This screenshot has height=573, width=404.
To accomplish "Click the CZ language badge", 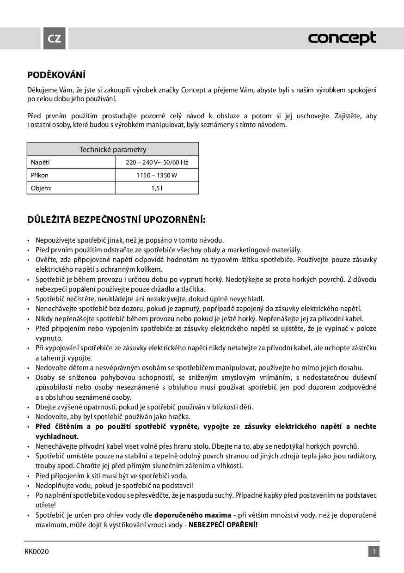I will pos(55,39).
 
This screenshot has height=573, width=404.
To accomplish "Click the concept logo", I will pos(342,39).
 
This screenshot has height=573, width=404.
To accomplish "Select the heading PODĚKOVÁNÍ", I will pos(56,75).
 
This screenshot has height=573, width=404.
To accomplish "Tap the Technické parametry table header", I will pos(113,149).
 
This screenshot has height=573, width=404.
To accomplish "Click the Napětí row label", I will pos(40,162).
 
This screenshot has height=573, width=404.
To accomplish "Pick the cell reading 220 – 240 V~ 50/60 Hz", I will pos(157,162).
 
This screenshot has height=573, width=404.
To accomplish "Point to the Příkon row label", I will pos(40,175).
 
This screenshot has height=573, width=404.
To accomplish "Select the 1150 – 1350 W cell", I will pos(157,175).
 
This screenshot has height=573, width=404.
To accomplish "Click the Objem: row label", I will pos(41,188).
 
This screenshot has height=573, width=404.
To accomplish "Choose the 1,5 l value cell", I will pos(157,188).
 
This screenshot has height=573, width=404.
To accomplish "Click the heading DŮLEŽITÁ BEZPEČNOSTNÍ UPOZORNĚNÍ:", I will pos(116,219).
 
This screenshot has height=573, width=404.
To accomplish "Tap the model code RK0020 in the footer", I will pos(37,551).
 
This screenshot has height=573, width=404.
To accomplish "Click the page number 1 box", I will pos(374,551).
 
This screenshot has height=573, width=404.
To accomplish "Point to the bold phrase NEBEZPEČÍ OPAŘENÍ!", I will pos(223,524).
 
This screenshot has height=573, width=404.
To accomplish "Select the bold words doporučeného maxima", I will pos(193,515).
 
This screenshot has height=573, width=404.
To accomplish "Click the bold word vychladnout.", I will pos(57,436).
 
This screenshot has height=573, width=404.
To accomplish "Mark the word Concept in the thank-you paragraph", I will pos(194,90).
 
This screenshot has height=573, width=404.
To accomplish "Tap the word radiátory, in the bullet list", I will pos(359,456).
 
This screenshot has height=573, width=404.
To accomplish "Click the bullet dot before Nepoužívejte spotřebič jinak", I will pos(29,240).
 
